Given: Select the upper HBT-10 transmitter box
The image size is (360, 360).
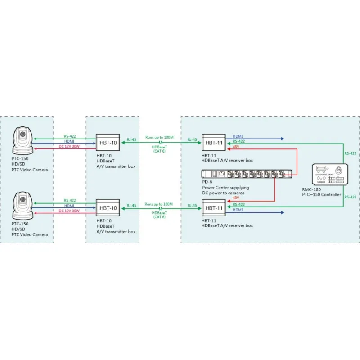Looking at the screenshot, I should click(108, 143).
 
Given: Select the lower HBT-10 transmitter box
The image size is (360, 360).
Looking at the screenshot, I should click(108, 208).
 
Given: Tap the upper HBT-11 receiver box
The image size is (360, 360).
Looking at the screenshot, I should click(214, 143).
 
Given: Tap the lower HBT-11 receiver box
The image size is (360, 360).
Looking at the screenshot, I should click(214, 208).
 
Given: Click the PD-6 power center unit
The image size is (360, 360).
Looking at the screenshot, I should click(248, 174).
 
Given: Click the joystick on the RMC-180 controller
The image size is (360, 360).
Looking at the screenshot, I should click(340, 170).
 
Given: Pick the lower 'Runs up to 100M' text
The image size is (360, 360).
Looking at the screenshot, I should click(159, 204).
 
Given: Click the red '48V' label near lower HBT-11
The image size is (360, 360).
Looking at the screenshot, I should click(236, 197).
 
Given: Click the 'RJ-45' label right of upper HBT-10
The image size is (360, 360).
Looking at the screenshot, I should click(132, 139).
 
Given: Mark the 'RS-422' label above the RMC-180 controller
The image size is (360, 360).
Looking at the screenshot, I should click(350, 153).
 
